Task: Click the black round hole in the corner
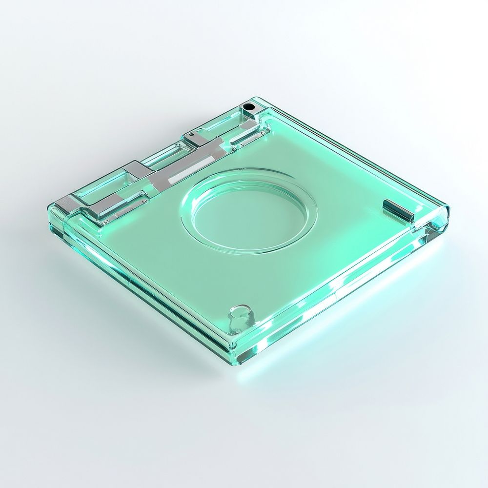click(x=249, y=106)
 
